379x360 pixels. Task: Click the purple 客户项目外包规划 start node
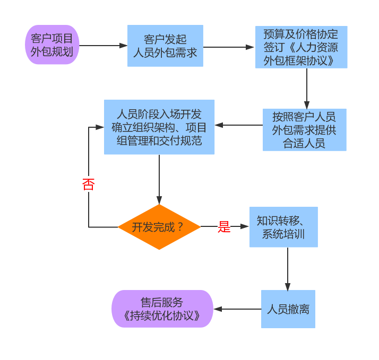pos(52,45)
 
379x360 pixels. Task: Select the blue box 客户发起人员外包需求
pos(165,46)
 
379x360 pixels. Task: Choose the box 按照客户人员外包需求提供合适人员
pos(304,130)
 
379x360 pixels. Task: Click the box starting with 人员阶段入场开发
pos(159,127)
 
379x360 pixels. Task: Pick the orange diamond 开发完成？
pos(159,227)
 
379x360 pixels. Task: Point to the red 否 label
pos(88,185)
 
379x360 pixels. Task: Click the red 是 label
pos(224,227)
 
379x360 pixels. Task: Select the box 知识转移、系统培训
pos(283,227)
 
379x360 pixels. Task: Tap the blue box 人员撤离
pos(288,309)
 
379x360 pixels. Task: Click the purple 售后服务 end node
pos(162,309)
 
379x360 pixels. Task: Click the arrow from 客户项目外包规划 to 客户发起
pos(103,46)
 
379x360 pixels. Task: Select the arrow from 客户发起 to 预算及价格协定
pos(229,47)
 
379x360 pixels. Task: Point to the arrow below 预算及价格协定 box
pos(306,88)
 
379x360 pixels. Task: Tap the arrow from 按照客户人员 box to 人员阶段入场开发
pos(238,126)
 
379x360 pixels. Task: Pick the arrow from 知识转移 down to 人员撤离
pos(288,268)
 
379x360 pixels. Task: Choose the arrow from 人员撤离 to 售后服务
pos(237,309)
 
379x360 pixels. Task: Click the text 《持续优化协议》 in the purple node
pos(162,316)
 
